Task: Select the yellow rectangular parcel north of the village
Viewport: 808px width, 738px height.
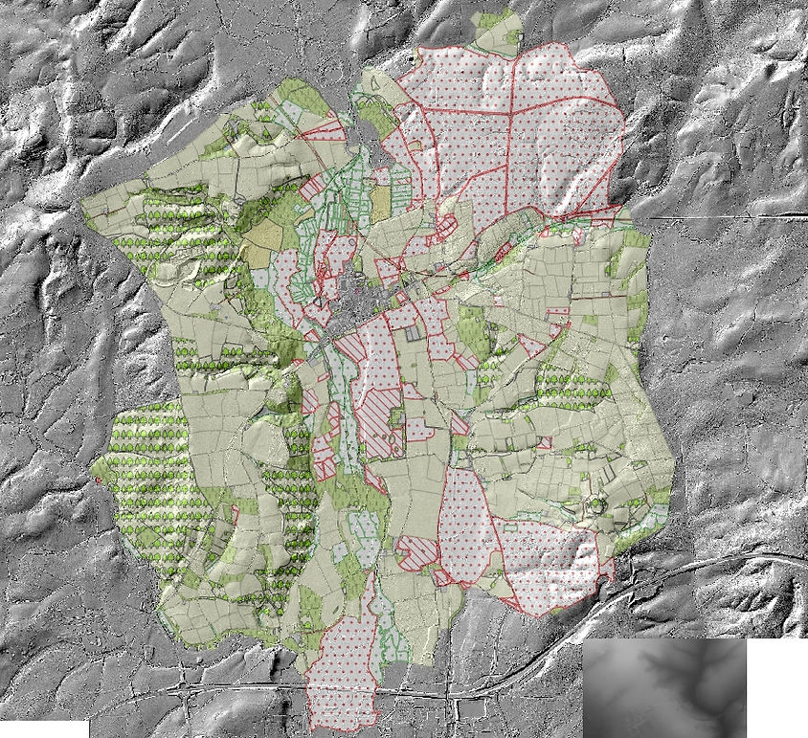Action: (x=381, y=204)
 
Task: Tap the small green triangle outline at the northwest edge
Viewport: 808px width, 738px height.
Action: (x=375, y=83)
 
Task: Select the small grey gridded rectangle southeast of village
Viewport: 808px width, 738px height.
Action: (x=413, y=334)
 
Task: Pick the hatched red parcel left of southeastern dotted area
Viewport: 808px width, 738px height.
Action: (x=416, y=549)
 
